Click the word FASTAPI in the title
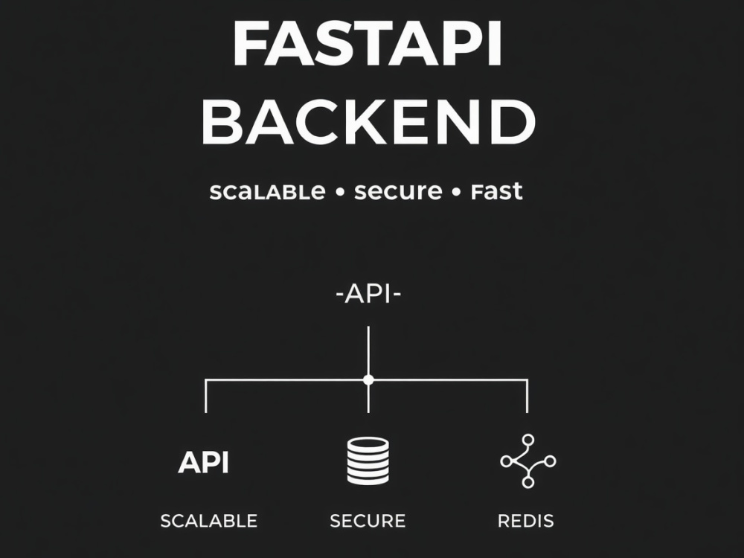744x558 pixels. (x=367, y=45)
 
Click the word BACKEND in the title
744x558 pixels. (x=369, y=122)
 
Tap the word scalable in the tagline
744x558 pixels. (x=267, y=192)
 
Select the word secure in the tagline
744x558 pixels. (x=398, y=192)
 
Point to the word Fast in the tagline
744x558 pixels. (x=496, y=192)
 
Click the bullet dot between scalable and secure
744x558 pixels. (x=339, y=193)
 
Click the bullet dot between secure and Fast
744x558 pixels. (x=457, y=193)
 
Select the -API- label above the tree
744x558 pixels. (x=369, y=294)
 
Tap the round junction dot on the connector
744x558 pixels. (x=368, y=379)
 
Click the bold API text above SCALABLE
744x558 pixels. (x=204, y=462)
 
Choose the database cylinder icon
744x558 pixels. (x=368, y=461)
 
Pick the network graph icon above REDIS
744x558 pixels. (x=528, y=461)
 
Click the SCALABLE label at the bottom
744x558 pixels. (x=209, y=521)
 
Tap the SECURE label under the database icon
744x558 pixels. (x=368, y=521)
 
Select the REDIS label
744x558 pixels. (x=526, y=521)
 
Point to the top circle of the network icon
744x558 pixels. (x=527, y=440)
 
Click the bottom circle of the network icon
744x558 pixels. (x=527, y=482)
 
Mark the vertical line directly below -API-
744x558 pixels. (x=368, y=351)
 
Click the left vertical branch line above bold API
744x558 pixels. (x=205, y=397)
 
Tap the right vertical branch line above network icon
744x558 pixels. (x=527, y=397)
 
